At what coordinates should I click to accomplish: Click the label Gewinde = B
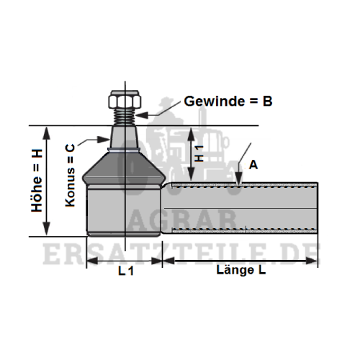(228, 102)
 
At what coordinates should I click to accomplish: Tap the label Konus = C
(71, 175)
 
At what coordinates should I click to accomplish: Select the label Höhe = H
(37, 181)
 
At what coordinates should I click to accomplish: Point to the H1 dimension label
(199, 153)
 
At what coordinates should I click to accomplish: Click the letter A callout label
(253, 165)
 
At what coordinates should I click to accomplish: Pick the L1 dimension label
(126, 271)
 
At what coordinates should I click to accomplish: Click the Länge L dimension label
(241, 270)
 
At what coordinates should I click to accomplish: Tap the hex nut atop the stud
(125, 99)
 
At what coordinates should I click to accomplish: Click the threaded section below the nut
(125, 117)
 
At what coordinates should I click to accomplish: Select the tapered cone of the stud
(125, 138)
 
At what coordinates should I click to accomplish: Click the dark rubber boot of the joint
(124, 167)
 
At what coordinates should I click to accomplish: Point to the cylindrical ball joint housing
(124, 211)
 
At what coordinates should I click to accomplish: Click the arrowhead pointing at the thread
(142, 115)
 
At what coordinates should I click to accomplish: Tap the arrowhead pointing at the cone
(103, 140)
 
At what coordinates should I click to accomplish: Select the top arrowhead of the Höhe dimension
(47, 133)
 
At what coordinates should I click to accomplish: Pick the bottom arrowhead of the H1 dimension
(191, 174)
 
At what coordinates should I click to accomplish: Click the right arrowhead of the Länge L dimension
(311, 261)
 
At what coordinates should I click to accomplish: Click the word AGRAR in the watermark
(181, 220)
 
